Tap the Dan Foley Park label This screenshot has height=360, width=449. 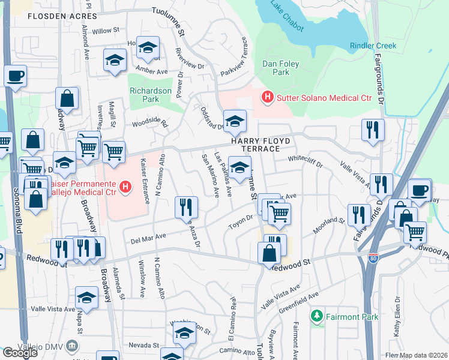pyautogui.click(x=276, y=68)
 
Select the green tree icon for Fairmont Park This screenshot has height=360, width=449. pyautogui.click(x=317, y=315)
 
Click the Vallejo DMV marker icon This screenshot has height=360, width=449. pyautogui.click(x=73, y=345)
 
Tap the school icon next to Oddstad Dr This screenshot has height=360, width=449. pyautogui.click(x=235, y=120)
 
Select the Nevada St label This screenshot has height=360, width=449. pyautogui.click(x=142, y=346)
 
